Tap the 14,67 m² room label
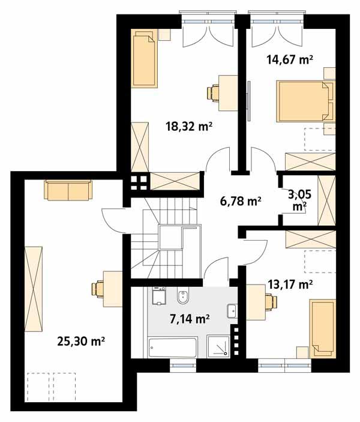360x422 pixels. pyautogui.click(x=290, y=59)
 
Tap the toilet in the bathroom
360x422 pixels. pyautogui.click(x=183, y=297)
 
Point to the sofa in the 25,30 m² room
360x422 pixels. pyautogui.click(x=67, y=191)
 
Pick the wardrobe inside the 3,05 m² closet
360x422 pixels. pyautogui.click(x=327, y=199)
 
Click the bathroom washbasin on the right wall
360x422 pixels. pyautogui.click(x=232, y=311)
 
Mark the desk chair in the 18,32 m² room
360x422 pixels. pyautogui.click(x=213, y=92)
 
